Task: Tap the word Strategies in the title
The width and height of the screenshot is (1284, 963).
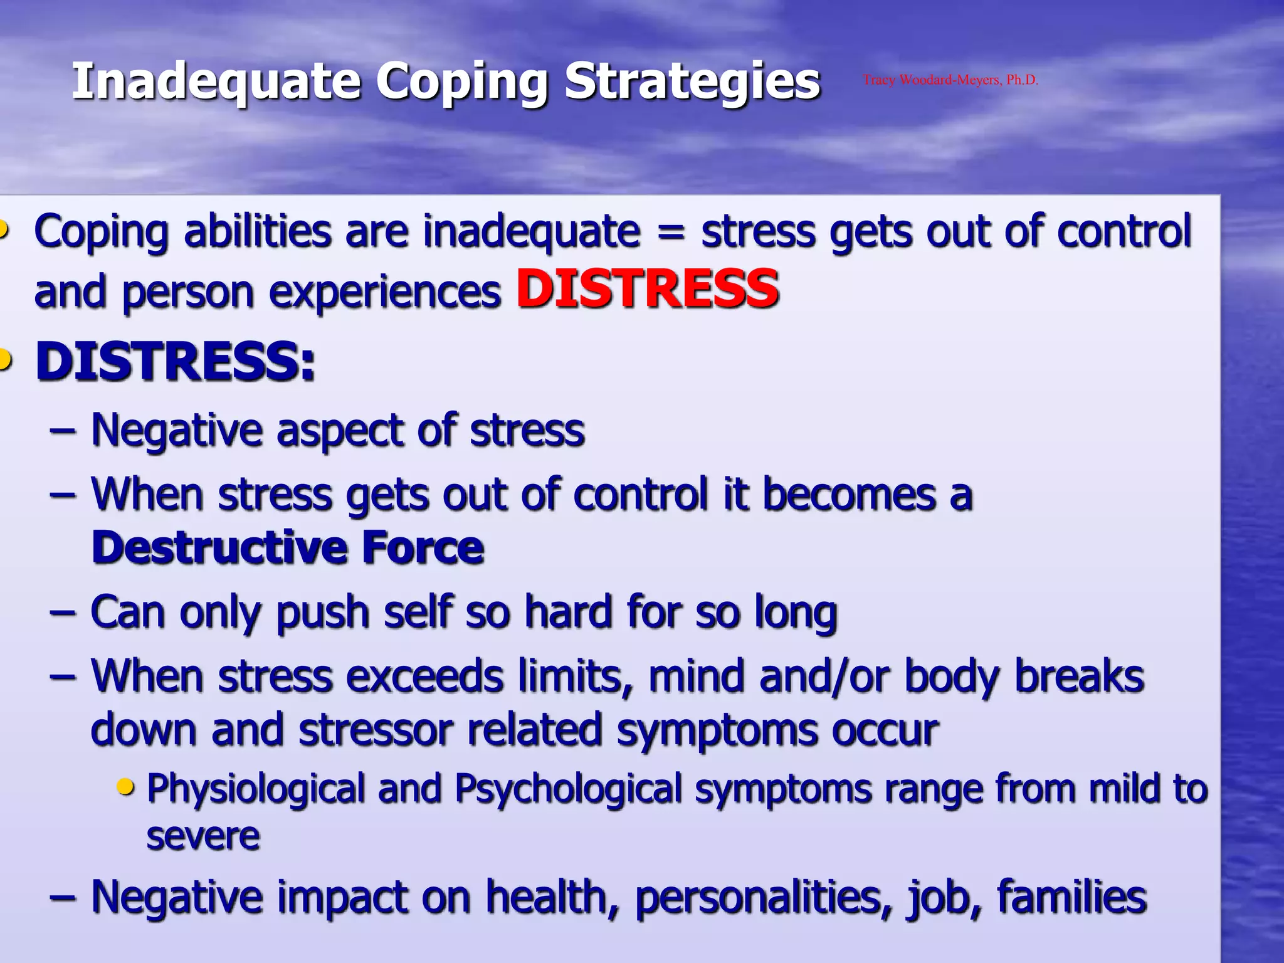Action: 692,82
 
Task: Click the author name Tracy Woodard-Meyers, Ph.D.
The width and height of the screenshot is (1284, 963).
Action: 950,80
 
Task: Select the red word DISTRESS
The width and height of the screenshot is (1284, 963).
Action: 648,289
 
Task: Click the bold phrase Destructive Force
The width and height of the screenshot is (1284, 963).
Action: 288,548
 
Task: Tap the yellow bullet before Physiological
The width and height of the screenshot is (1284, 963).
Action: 126,786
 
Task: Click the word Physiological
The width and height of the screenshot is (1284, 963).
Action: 255,789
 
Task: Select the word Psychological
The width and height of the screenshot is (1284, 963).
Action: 567,789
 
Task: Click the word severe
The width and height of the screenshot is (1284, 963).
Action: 203,836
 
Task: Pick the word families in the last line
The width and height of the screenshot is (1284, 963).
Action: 1071,897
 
